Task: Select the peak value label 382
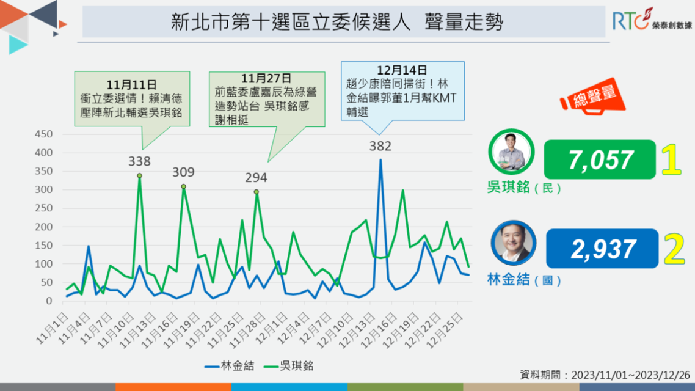coord(380,146)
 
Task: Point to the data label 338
coord(139,162)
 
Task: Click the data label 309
coord(183,172)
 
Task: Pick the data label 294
coord(256,178)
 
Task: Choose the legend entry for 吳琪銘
coord(288,366)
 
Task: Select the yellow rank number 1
coord(671,160)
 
